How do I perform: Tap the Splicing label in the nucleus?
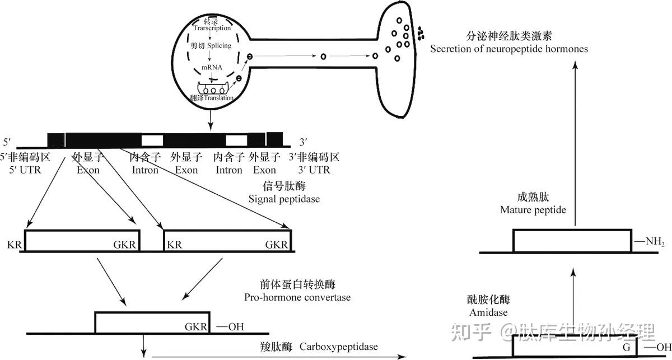pos(219,45)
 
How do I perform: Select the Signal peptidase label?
pos(284,199)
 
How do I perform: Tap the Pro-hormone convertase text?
pos(297,297)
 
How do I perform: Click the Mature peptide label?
pos(533,210)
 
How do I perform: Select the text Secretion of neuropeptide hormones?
pos(509,49)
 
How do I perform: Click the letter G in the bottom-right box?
pos(627,347)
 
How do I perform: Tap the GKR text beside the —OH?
pos(196,326)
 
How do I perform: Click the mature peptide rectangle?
pos(571,241)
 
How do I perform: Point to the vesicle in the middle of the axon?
pos(323,56)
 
